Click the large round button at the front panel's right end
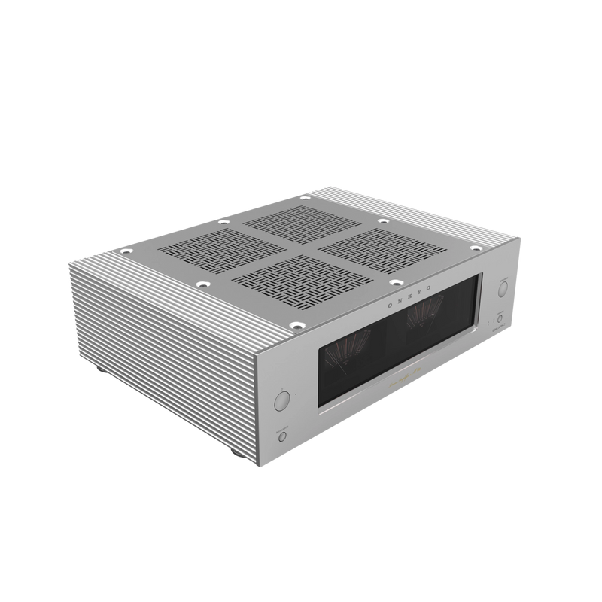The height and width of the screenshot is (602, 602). pyautogui.click(x=502, y=287)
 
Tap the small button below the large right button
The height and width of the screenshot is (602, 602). pyautogui.click(x=498, y=319)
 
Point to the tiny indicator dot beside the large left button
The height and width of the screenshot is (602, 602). pyautogui.click(x=296, y=394)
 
